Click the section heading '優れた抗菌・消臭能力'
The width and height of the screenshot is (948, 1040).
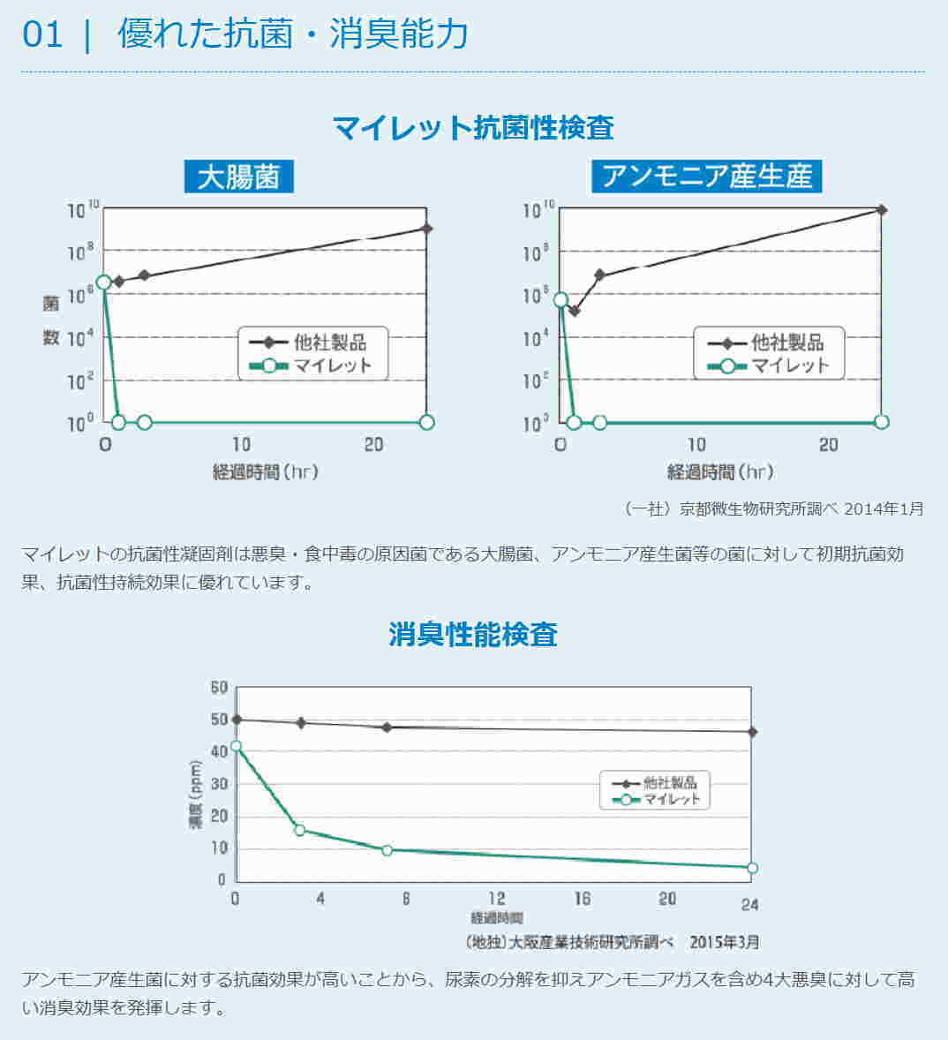(x=292, y=34)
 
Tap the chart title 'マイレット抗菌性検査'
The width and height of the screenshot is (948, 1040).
(x=473, y=127)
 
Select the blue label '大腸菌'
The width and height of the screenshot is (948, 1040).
(x=238, y=177)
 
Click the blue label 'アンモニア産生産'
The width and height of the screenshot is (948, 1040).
(x=706, y=177)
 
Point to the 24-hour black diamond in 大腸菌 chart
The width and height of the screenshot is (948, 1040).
(x=427, y=229)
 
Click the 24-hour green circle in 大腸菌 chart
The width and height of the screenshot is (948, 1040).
(x=427, y=422)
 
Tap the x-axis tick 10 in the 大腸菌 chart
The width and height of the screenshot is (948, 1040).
(x=241, y=444)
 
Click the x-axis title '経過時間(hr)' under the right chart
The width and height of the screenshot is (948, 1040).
(x=719, y=471)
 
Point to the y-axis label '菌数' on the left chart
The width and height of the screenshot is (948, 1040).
(x=51, y=320)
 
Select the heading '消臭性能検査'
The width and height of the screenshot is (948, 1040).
(x=473, y=634)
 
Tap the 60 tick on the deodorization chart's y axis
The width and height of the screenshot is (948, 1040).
(x=219, y=688)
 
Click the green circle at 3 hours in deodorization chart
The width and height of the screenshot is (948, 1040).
(x=299, y=830)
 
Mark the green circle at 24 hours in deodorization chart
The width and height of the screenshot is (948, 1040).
(x=752, y=868)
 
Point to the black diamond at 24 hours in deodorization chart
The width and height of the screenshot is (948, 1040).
(x=752, y=732)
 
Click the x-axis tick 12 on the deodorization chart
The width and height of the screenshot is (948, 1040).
(x=497, y=900)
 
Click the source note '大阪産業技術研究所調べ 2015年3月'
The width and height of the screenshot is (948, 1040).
(x=611, y=941)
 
